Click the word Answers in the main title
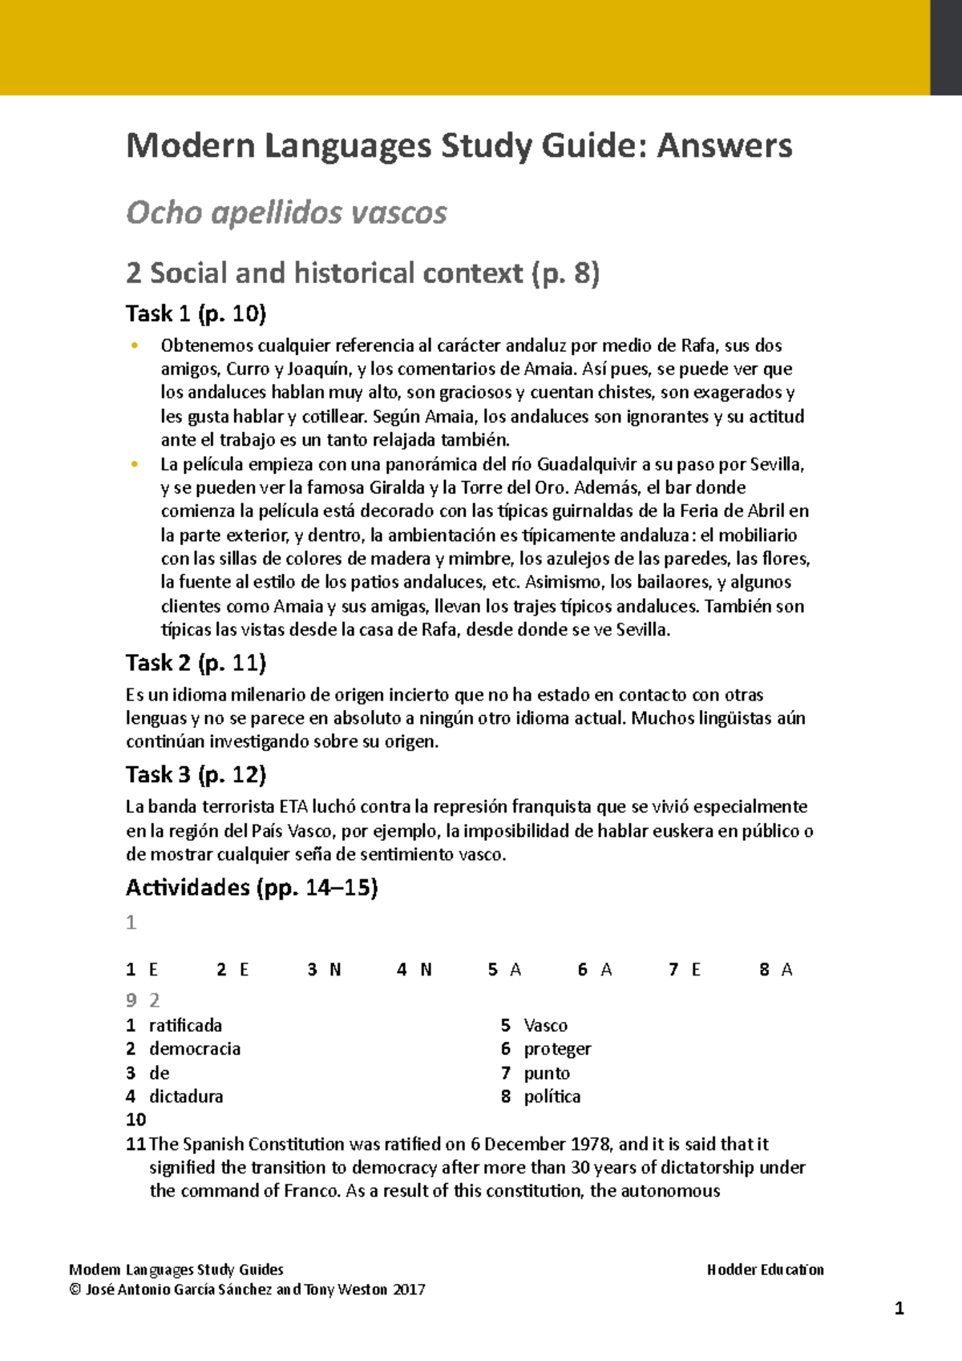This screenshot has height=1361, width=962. click(x=724, y=146)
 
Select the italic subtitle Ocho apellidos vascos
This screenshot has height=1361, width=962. click(x=286, y=212)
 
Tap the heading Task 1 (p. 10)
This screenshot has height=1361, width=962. click(x=196, y=313)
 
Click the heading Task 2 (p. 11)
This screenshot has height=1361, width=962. click(x=196, y=663)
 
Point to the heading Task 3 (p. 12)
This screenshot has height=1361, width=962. click(x=196, y=774)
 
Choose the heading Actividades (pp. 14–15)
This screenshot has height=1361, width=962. click(x=252, y=887)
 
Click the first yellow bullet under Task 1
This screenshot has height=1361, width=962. click(x=135, y=346)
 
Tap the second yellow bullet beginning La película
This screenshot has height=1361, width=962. click(x=135, y=465)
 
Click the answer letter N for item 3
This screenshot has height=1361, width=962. click(x=335, y=970)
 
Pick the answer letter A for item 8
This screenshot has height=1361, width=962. click(x=786, y=970)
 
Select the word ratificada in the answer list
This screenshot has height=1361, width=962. click(x=185, y=1025)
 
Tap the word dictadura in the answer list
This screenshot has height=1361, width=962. click(x=186, y=1096)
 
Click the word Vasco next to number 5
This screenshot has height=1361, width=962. click(x=545, y=1025)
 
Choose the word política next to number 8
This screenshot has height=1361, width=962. click(x=552, y=1096)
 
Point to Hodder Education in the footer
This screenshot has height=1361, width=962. click(x=765, y=1270)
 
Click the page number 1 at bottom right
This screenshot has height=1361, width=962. click(x=899, y=1309)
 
